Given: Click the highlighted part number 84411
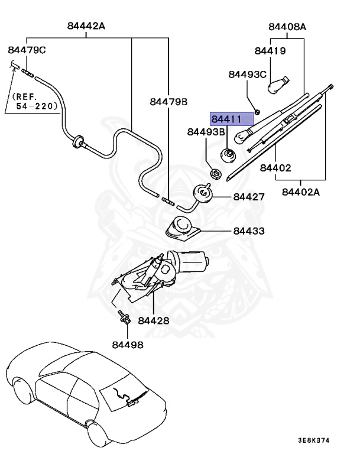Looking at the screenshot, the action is pyautogui.click(x=226, y=119).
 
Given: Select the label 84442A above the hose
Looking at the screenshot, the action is pyautogui.click(x=86, y=26).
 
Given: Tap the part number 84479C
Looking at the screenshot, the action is pyautogui.click(x=27, y=50).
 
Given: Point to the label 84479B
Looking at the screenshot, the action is pyautogui.click(x=168, y=102).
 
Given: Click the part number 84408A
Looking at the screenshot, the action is pyautogui.click(x=287, y=27).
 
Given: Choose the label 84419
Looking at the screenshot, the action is pyautogui.click(x=270, y=51).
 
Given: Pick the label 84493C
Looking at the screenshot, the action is pyautogui.click(x=247, y=74).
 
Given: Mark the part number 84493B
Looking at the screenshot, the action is pyautogui.click(x=206, y=132).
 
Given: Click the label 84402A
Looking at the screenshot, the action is pyautogui.click(x=301, y=192).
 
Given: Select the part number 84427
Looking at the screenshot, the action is pyautogui.click(x=249, y=197).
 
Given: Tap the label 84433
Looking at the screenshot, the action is pyautogui.click(x=249, y=231).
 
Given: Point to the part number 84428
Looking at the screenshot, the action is pyautogui.click(x=154, y=320).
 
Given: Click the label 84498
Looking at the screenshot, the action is pyautogui.click(x=128, y=345).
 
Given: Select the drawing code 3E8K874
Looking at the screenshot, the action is pyautogui.click(x=314, y=440).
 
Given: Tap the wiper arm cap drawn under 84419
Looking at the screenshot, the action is pyautogui.click(x=278, y=85).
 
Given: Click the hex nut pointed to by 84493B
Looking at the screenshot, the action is pyautogui.click(x=215, y=174).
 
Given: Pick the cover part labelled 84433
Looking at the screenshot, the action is pyautogui.click(x=183, y=228).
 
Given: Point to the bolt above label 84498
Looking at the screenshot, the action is pyautogui.click(x=124, y=317).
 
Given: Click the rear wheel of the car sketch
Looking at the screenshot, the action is pyautogui.click(x=96, y=434).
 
